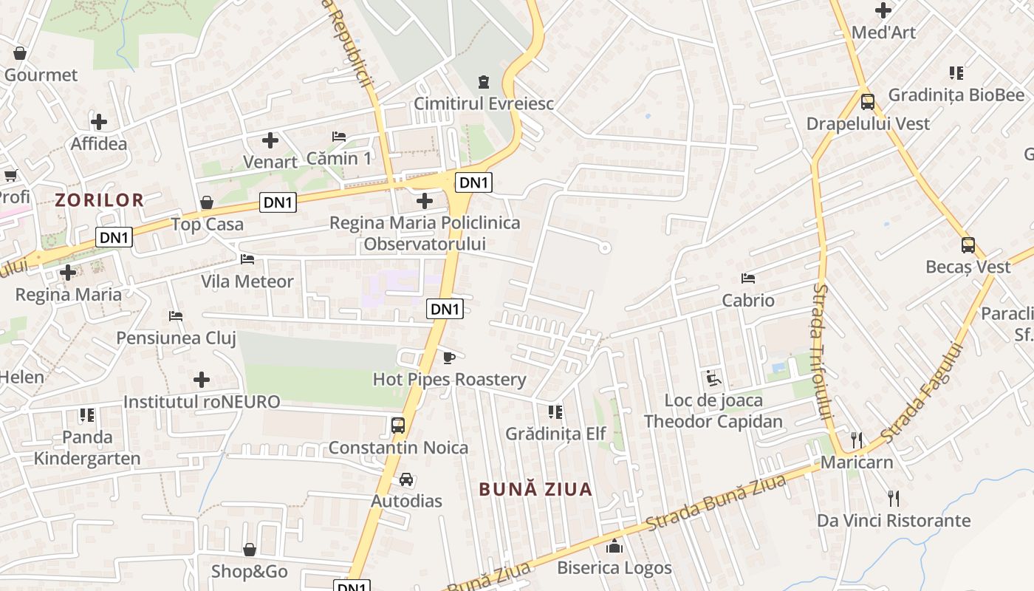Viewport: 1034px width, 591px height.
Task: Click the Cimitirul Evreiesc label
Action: [x=483, y=103]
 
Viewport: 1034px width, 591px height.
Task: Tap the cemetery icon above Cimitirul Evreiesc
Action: [x=483, y=81]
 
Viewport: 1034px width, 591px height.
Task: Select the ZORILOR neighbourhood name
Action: [x=99, y=199]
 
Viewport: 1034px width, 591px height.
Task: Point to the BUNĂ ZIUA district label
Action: [x=535, y=489]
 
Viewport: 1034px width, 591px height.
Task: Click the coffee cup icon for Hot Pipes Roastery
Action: [x=448, y=358]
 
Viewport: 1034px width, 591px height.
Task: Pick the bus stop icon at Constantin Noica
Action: [x=398, y=425]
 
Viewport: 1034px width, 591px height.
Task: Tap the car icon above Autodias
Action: [x=406, y=479]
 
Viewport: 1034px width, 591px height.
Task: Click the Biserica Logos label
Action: [x=614, y=567]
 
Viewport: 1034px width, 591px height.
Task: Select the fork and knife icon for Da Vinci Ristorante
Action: [x=894, y=498]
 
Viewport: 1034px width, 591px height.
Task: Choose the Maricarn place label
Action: [x=857, y=462]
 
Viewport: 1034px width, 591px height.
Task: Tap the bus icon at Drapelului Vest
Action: [x=868, y=101]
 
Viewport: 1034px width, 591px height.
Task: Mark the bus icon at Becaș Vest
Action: [x=968, y=245]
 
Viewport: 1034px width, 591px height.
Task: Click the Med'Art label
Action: [x=883, y=33]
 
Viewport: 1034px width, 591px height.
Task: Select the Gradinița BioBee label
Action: [x=956, y=95]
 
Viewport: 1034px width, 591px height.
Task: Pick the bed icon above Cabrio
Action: [x=748, y=279]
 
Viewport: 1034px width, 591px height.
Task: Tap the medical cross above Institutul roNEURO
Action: [x=202, y=380]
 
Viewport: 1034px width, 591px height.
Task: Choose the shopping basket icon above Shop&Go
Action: [x=250, y=550]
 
